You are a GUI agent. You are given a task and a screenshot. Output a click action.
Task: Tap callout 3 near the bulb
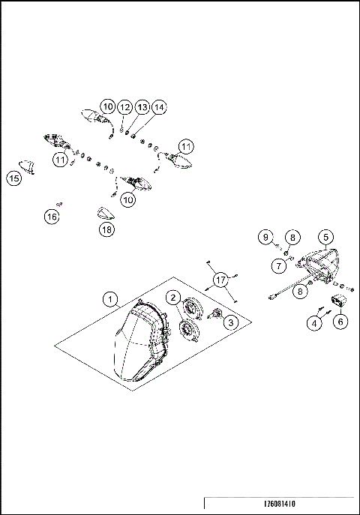pos(229,322)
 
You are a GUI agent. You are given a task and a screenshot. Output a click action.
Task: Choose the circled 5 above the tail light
pos(325,236)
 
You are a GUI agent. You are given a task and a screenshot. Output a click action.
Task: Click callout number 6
pos(341,322)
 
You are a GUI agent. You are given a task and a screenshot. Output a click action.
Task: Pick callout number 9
pos(265,237)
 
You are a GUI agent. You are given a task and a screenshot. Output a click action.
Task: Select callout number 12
pos(125,108)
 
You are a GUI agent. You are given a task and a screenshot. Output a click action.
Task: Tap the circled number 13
pos(142,108)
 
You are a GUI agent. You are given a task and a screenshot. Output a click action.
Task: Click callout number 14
pos(158,108)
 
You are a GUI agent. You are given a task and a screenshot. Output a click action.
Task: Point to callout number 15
pos(13,178)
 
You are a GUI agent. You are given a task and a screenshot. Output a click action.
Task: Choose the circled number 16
pos(50,217)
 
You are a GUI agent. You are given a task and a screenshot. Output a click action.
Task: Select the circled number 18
pos(106,230)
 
